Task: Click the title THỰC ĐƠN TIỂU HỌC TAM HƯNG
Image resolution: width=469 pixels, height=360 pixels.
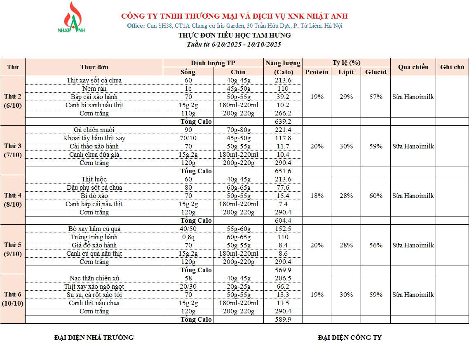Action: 234,35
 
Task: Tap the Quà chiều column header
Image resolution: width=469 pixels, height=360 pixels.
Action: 413,67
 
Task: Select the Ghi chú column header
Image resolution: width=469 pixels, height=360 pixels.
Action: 452,67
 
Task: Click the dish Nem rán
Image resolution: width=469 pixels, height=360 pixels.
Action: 94,89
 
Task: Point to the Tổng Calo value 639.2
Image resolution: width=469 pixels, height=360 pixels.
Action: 283,122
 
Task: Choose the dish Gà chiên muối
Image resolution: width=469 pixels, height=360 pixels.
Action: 94,130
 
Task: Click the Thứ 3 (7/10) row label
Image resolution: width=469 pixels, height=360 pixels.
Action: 13,151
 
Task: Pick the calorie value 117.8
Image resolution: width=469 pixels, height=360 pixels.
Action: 283,138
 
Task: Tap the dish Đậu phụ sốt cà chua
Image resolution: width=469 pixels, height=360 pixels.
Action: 94,188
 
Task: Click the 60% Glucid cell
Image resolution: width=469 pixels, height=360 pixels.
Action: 375,196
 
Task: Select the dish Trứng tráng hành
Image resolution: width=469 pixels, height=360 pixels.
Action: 94,237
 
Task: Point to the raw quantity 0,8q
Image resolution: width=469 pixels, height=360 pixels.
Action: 188,237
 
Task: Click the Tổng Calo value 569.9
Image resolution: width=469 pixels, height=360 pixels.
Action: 283,270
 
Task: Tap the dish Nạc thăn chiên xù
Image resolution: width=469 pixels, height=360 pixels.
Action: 94,278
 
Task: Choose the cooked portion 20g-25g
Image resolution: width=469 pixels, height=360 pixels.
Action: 238,287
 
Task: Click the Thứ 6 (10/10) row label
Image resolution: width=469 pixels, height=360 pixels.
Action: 13,299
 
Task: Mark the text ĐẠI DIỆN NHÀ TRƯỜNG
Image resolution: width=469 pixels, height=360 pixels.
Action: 94,338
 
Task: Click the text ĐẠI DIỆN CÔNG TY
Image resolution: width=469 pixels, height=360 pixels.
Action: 349,338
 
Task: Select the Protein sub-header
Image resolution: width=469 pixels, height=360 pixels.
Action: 317,72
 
